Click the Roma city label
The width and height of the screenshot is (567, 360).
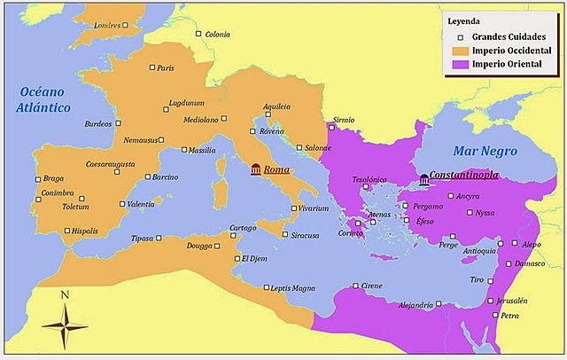click(x=277, y=169)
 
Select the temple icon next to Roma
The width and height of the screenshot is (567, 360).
click(x=256, y=169)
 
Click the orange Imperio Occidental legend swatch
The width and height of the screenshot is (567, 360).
click(x=458, y=51)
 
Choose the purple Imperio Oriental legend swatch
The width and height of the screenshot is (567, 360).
click(x=458, y=65)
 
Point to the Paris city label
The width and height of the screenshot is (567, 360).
click(x=166, y=68)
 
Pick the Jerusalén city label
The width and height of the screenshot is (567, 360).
click(x=509, y=301)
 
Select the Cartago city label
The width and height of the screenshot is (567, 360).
click(x=243, y=228)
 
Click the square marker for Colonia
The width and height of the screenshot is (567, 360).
click(x=198, y=35)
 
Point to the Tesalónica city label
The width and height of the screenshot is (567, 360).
click(x=370, y=179)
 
